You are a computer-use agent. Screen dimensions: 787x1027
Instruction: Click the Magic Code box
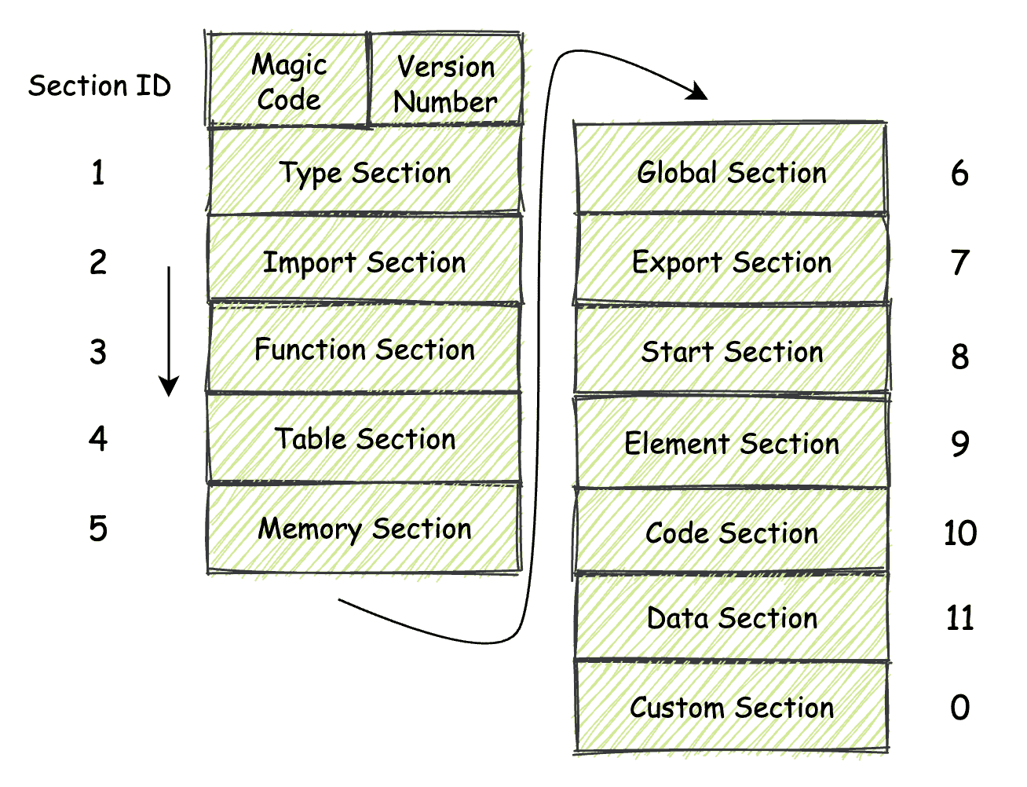click(x=288, y=80)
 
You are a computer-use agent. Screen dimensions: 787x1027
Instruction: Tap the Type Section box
click(x=364, y=172)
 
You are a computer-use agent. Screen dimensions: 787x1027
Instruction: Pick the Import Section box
click(x=364, y=261)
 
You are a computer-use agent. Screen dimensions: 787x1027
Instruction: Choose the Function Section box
click(x=364, y=350)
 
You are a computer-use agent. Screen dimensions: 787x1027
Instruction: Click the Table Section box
click(x=364, y=438)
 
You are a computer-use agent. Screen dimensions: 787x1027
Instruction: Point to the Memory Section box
click(x=364, y=528)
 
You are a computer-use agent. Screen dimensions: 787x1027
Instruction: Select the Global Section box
click(x=731, y=171)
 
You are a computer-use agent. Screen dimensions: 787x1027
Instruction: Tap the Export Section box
click(x=731, y=262)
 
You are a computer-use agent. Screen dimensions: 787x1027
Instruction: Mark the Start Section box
click(x=731, y=351)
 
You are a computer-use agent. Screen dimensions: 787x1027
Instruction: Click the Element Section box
click(x=731, y=443)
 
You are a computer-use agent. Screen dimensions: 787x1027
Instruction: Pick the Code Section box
click(x=731, y=533)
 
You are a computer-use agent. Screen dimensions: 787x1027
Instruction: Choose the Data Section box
click(x=731, y=618)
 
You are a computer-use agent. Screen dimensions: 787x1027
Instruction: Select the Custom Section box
click(x=731, y=707)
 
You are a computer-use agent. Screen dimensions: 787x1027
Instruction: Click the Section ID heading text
click(x=100, y=85)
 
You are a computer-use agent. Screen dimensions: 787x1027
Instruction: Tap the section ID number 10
click(x=959, y=533)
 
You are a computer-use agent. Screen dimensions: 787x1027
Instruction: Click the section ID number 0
click(x=959, y=708)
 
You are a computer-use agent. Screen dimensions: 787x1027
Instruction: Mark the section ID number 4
click(x=97, y=438)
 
